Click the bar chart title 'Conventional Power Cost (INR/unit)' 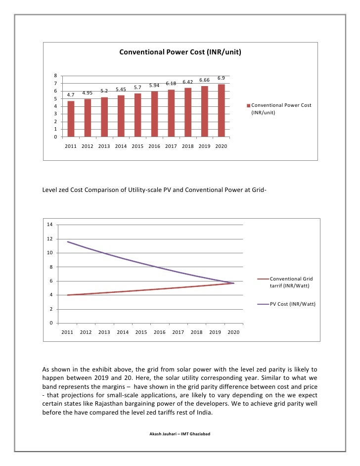pyautogui.click(x=180, y=51)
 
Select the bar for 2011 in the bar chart pyautogui.click(x=71, y=119)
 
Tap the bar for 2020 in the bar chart pyautogui.click(x=221, y=110)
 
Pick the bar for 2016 pyautogui.click(x=154, y=114)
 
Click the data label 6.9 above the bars pyautogui.click(x=221, y=78)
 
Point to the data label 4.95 pyautogui.click(x=88, y=93)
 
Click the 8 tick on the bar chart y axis pyautogui.click(x=56, y=76)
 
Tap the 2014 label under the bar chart pyautogui.click(x=121, y=146)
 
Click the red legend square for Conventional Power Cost pyautogui.click(x=249, y=105)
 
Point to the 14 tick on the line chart pyautogui.click(x=49, y=225)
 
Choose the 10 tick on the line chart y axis pyautogui.click(x=49, y=253)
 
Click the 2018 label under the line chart pyautogui.click(x=196, y=332)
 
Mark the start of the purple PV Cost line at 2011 pyautogui.click(x=67, y=242)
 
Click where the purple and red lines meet pyautogui.click(x=233, y=283)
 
